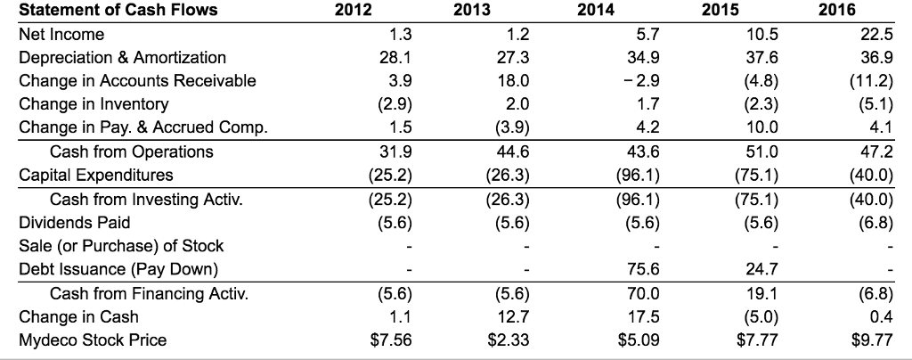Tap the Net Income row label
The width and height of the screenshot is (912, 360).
[x=61, y=35]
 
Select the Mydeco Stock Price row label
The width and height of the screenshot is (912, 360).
[x=93, y=340]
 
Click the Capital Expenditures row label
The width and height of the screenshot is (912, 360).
[x=96, y=175]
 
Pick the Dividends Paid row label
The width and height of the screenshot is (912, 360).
[x=75, y=222]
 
